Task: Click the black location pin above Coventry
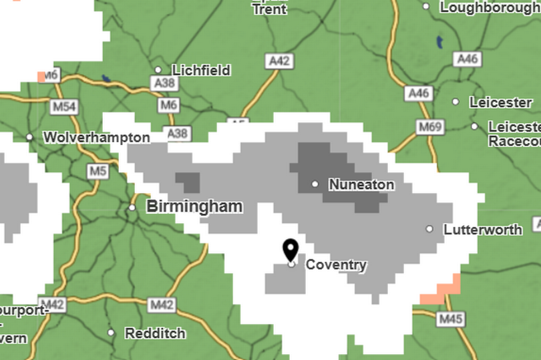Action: pos(290,250)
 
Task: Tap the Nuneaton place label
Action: pos(361,184)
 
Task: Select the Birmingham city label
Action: pos(194,206)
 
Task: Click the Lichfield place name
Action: pos(201,70)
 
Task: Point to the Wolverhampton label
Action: pos(96,138)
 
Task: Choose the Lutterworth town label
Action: pos(483,230)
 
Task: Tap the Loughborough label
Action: pos(490,8)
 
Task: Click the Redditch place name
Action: pos(155,333)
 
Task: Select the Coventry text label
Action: pos(336,265)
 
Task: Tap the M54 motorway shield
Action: pos(65,107)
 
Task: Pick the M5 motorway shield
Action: pos(98,172)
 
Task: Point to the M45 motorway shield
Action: pos(451,320)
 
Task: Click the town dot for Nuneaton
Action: pos(315,184)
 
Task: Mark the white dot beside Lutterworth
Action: pos(430,229)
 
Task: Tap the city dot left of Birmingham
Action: pos(132,208)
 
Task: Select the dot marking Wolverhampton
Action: pos(29,138)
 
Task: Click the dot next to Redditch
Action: pos(111,333)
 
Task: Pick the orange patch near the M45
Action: pos(442,291)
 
